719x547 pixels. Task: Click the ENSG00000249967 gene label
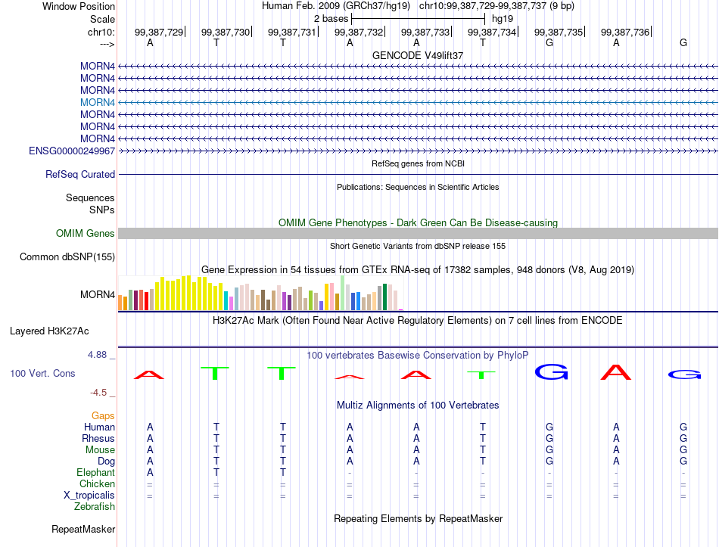72,151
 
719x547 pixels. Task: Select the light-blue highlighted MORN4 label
97,102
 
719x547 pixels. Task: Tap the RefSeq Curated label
80,174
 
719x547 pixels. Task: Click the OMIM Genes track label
86,233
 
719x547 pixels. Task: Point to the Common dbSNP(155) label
67,256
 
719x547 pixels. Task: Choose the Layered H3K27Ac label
49,331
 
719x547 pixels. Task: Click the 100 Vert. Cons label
42,373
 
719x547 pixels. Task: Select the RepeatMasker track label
83,529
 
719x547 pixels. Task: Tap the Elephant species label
96,472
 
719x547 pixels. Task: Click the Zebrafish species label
95,507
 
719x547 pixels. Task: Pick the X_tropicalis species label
89,496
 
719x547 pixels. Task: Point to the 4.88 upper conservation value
97,354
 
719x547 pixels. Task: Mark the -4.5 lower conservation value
98,393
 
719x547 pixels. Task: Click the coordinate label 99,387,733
425,32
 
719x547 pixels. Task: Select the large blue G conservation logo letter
551,371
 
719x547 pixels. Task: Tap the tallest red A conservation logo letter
616,372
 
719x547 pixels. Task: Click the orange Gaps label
103,415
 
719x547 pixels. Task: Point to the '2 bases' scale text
331,19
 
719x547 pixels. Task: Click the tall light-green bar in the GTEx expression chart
343,293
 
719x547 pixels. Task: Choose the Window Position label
79,6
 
